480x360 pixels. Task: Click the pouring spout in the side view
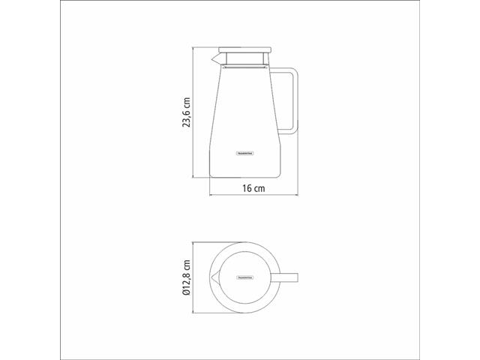pos(214,57)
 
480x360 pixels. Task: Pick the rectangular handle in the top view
pos(289,277)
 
